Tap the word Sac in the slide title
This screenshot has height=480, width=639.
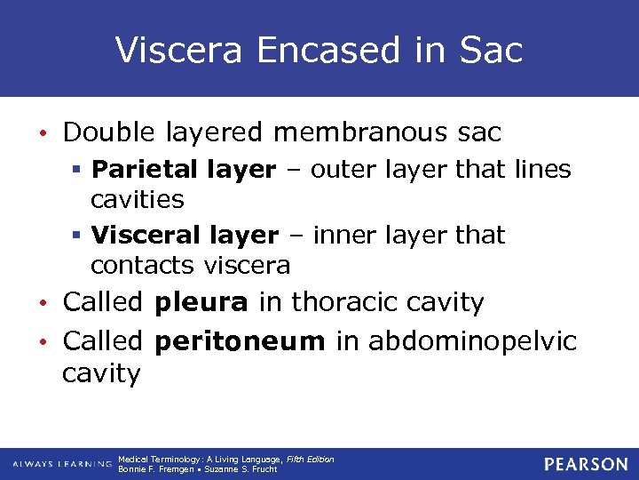click(x=492, y=50)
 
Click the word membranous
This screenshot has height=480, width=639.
click(x=368, y=133)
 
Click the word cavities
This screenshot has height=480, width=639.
click(x=137, y=199)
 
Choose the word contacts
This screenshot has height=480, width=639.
click(x=143, y=265)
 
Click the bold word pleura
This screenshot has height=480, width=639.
click(x=201, y=302)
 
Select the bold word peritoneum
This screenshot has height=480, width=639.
click(x=240, y=340)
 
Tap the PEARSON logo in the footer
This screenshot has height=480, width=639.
click(x=586, y=464)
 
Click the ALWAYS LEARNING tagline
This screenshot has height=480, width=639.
click(x=61, y=464)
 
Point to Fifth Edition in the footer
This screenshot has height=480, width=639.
click(x=310, y=460)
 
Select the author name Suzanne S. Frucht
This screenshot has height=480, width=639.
click(x=241, y=469)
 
